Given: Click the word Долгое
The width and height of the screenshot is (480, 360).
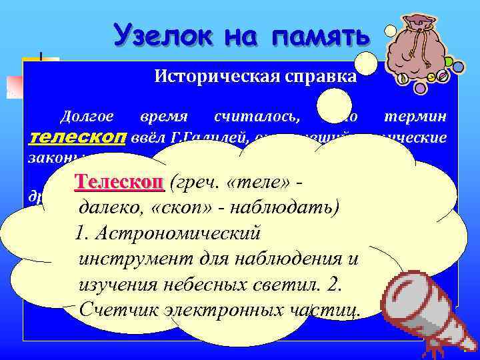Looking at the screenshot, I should (x=83, y=117).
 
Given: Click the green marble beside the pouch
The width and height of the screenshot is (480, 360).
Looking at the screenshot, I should (x=448, y=62).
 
